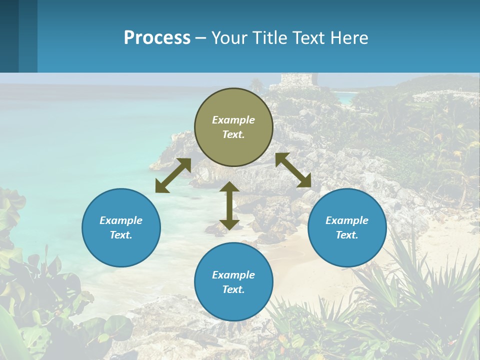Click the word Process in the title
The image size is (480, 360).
tap(157, 37)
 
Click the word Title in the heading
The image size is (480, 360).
tap(269, 37)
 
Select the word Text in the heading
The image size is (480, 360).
tap(307, 37)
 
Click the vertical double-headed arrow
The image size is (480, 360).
tap(229, 205)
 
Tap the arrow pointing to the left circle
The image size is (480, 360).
tap(173, 175)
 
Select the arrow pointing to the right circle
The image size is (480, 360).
tap(293, 170)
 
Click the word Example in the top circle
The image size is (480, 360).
tap(233, 120)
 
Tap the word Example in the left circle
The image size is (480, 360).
tap(121, 220)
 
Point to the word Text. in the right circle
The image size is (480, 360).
tap(347, 235)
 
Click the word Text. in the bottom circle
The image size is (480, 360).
tap(233, 289)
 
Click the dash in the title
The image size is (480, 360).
tap(201, 38)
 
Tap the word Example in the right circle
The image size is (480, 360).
tap(347, 220)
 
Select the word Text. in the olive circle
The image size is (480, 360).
tap(233, 134)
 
